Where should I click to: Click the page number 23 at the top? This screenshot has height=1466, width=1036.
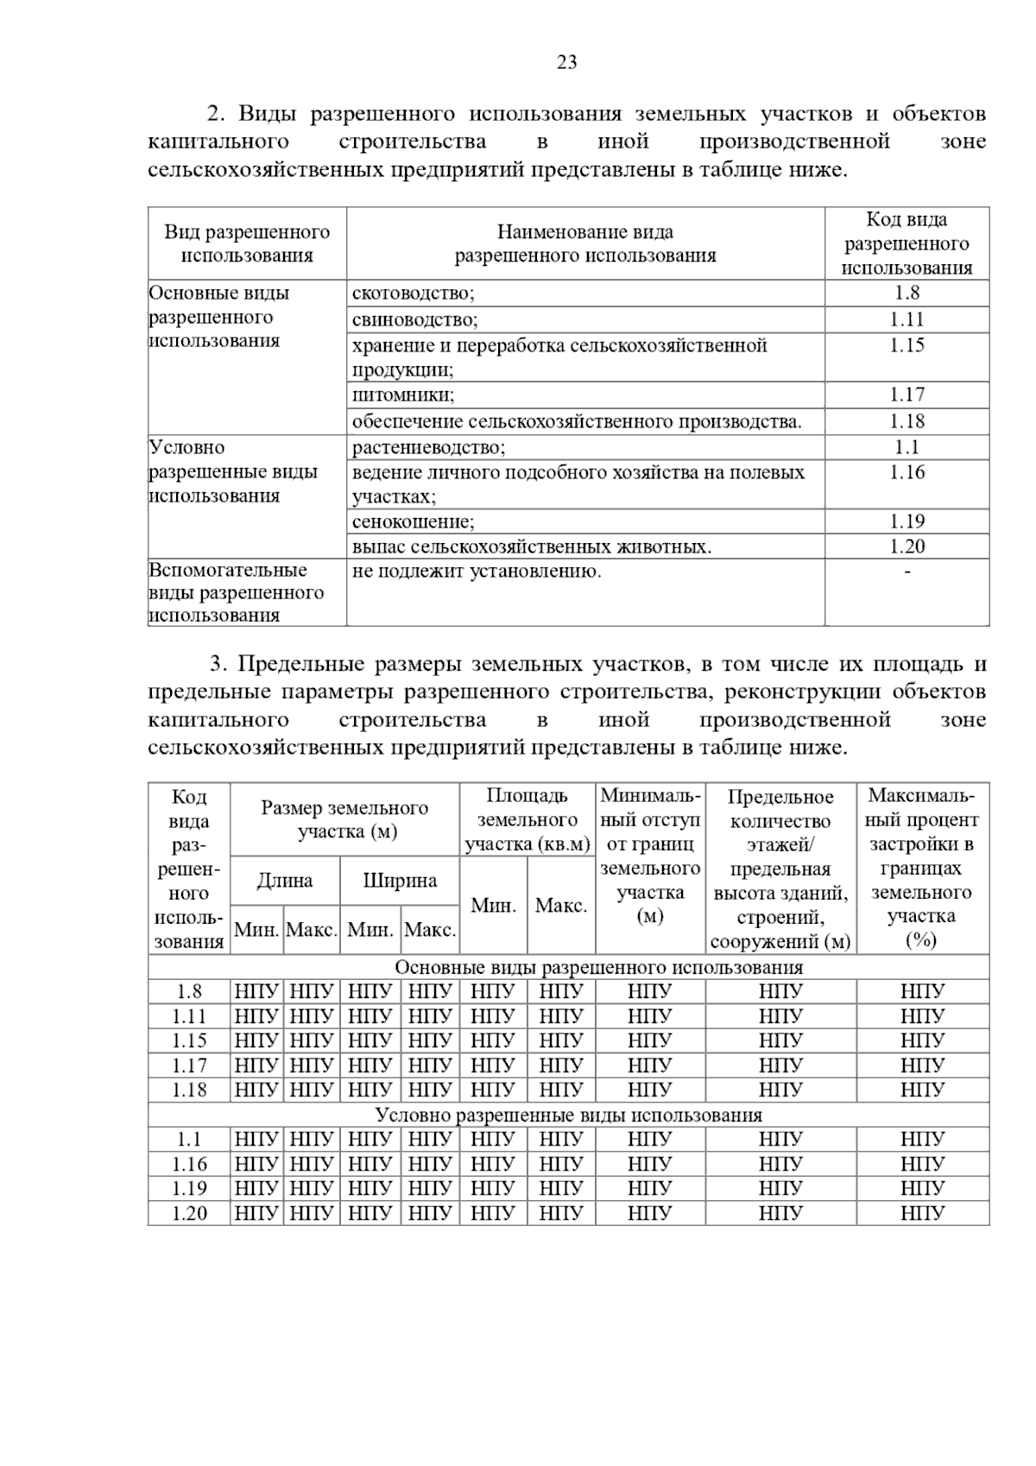[567, 62]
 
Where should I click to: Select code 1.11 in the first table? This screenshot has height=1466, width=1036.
[906, 319]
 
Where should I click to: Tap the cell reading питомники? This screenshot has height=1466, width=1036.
[402, 395]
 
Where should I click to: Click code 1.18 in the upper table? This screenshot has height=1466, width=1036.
[906, 421]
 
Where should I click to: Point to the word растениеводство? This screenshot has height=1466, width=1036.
[428, 447]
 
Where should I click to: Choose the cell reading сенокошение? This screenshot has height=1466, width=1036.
[413, 521]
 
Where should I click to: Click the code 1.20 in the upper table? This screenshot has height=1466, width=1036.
[906, 547]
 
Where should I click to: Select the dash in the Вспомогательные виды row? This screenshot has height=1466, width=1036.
[906, 572]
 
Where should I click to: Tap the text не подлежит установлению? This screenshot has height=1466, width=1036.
[477, 572]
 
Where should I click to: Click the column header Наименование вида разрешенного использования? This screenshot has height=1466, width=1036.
[585, 243]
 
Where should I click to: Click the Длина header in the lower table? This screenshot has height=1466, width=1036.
[285, 881]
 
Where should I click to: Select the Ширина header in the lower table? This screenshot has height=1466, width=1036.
[400, 881]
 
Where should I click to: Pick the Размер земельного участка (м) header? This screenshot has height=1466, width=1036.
[345, 819]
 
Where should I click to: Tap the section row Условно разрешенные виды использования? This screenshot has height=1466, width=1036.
[568, 1115]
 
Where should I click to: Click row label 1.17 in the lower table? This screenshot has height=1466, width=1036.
[189, 1065]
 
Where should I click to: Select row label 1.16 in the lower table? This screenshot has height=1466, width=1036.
[189, 1164]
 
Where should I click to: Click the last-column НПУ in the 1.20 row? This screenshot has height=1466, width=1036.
[922, 1213]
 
